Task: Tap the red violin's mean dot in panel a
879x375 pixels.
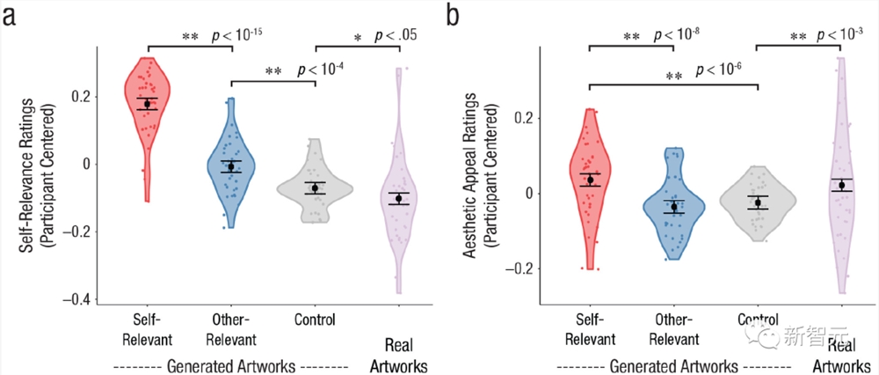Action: coord(148,104)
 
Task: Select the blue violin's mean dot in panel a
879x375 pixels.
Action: coord(231,166)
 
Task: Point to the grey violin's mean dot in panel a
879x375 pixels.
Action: coord(315,188)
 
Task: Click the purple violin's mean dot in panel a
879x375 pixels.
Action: coord(399,199)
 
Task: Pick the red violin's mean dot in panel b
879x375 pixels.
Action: coord(590,180)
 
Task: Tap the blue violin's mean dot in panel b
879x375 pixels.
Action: coord(674,207)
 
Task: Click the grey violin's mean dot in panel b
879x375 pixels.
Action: coord(758,202)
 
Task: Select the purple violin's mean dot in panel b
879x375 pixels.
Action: coord(841,185)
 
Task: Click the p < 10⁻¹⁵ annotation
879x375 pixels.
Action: coord(237,36)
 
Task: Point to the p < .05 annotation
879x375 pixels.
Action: coord(396,36)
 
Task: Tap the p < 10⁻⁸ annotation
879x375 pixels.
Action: coord(678,36)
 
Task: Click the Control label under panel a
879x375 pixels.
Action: coord(315,320)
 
